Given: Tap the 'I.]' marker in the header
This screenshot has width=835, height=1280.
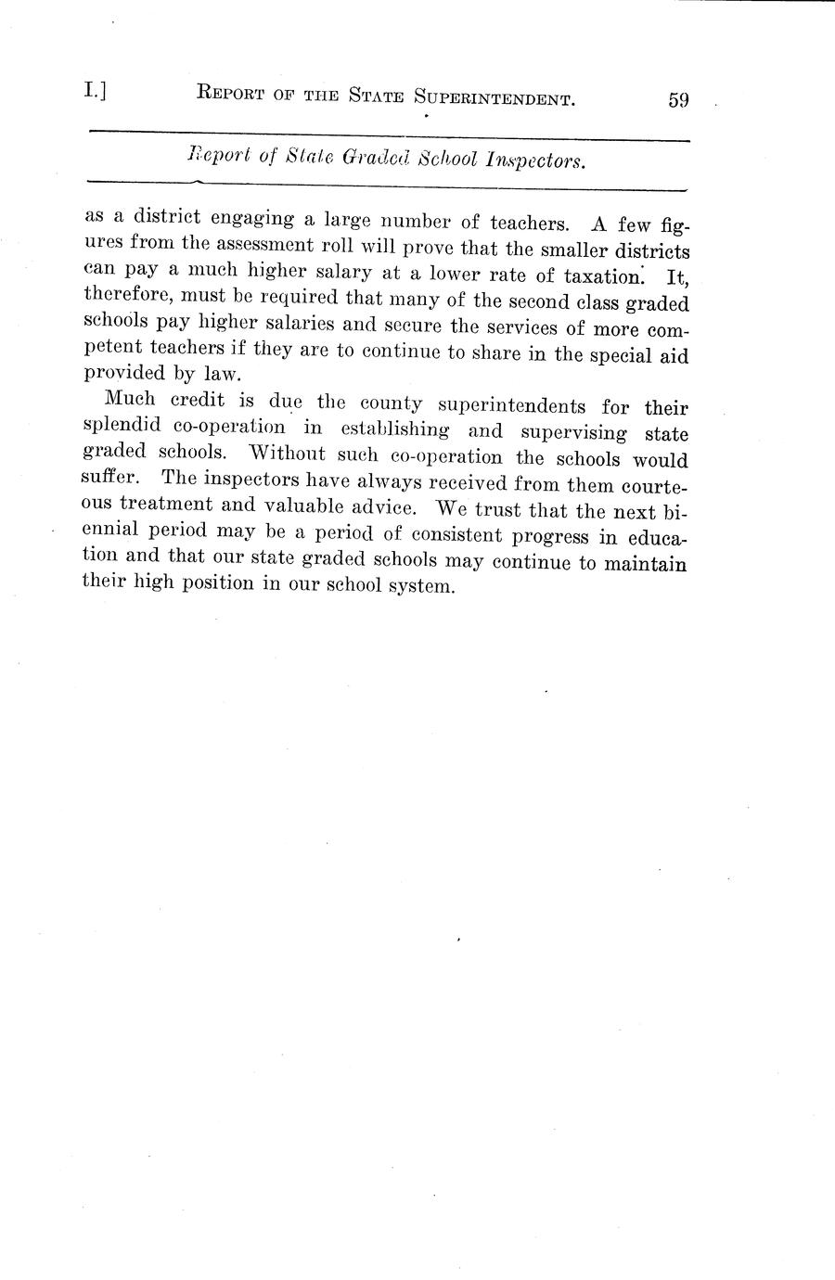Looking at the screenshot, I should coord(94,91).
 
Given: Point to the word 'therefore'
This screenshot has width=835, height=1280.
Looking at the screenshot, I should coord(125,300).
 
